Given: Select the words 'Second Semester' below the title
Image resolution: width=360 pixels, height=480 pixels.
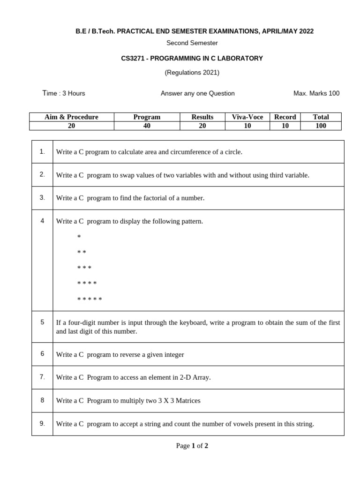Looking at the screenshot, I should coord(192,43).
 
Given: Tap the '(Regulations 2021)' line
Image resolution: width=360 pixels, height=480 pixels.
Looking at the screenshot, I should coord(192,73).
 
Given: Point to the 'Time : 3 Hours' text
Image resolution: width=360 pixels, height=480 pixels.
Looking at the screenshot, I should coord(64,93).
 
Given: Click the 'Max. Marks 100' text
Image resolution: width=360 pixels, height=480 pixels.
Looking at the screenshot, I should coord(316,93).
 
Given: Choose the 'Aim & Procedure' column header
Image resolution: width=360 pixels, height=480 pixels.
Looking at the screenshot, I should coord(71,117).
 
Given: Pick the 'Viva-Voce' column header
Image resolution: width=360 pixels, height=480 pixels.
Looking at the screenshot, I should coord(247,117).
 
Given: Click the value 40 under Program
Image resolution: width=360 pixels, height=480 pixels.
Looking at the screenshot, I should coord(147,126).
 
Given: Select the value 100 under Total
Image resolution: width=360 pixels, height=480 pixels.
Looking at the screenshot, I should coord(321,126).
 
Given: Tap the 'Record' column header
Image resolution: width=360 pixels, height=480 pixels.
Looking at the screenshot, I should coord(285,117).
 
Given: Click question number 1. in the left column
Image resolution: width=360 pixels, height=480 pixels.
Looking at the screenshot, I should coord(42,151).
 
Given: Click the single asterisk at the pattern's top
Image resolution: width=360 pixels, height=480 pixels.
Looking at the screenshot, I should coord(79,237).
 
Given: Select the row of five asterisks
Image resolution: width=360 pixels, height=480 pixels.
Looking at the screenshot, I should coord(90,299).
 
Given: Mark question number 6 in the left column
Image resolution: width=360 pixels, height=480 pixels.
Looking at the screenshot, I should coord(42,354).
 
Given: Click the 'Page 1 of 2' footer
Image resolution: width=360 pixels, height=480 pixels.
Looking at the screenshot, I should coord(192,446).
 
